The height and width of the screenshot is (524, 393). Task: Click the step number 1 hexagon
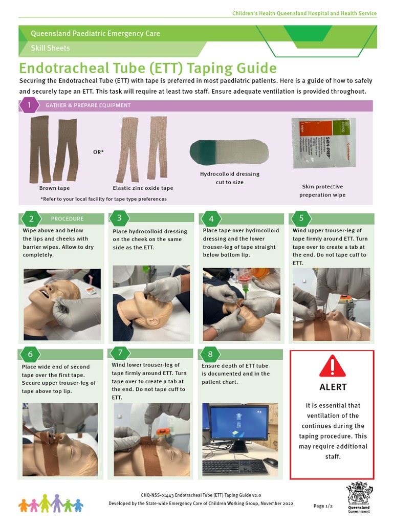[x=29, y=105]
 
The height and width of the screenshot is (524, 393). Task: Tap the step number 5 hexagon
[x=301, y=219]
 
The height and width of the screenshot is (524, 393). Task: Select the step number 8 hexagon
[x=210, y=354]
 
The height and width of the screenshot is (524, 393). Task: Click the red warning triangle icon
[x=333, y=366]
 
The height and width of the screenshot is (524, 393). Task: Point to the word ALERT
[x=333, y=387]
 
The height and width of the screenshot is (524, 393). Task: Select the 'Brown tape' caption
[x=54, y=188]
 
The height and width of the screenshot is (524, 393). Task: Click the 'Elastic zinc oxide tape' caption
[x=143, y=188]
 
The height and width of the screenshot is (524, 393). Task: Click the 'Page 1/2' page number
[x=323, y=506]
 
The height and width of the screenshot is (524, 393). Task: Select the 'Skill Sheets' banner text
[x=50, y=48]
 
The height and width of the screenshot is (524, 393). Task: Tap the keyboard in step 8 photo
[x=235, y=467]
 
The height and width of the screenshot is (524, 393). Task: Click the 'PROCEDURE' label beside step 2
[x=67, y=219]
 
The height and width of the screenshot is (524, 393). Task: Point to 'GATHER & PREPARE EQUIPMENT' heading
[x=88, y=105]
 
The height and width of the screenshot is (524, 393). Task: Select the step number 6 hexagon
[x=30, y=354]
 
